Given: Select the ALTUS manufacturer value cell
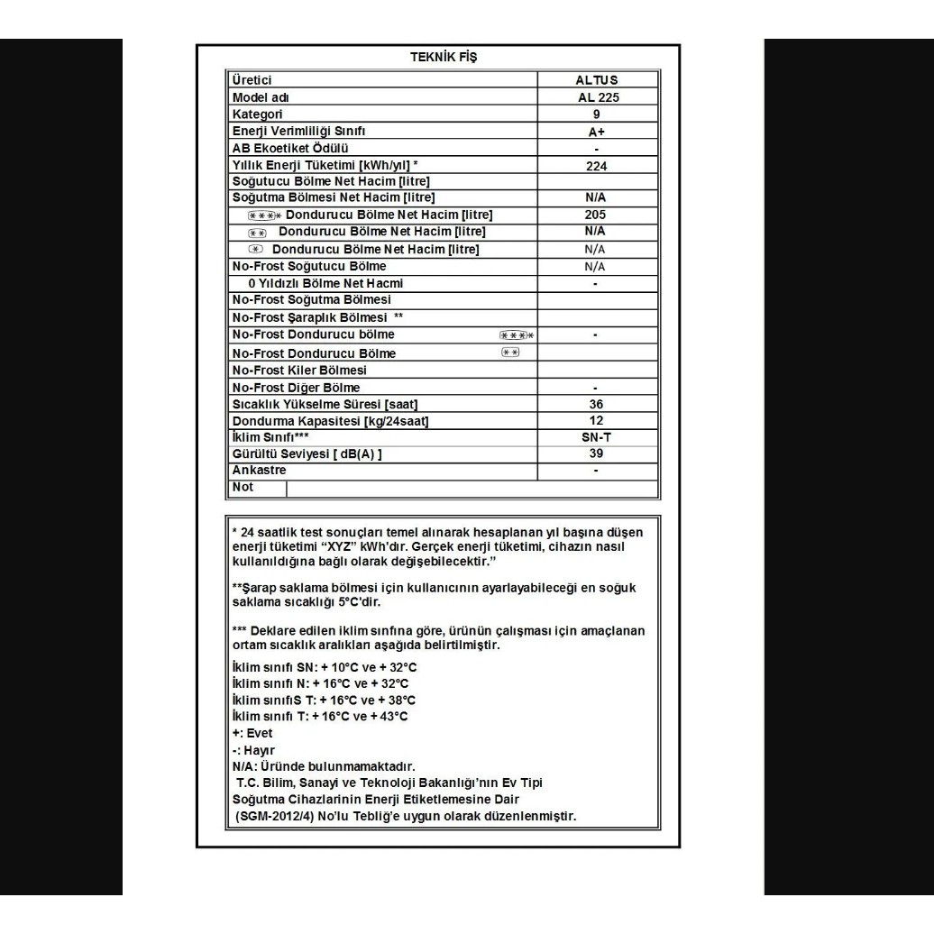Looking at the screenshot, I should [597, 80].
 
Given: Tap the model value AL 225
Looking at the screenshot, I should [597, 97].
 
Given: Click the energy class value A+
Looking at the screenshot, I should [597, 132].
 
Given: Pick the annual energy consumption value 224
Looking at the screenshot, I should [597, 166].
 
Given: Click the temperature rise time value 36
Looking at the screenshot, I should [596, 404].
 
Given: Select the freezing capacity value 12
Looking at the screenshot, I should [596, 420].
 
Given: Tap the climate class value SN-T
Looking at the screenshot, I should [596, 437].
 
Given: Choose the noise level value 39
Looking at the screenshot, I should [596, 453].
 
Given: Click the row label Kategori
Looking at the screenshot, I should [258, 114].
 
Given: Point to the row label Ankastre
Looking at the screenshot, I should [260, 471].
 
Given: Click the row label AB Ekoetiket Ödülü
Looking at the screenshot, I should [290, 148].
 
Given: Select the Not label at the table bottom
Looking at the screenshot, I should [243, 488].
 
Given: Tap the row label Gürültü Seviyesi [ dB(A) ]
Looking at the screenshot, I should [307, 453].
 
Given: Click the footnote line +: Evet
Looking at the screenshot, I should [252, 733].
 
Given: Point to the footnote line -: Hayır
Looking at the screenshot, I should [253, 750].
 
